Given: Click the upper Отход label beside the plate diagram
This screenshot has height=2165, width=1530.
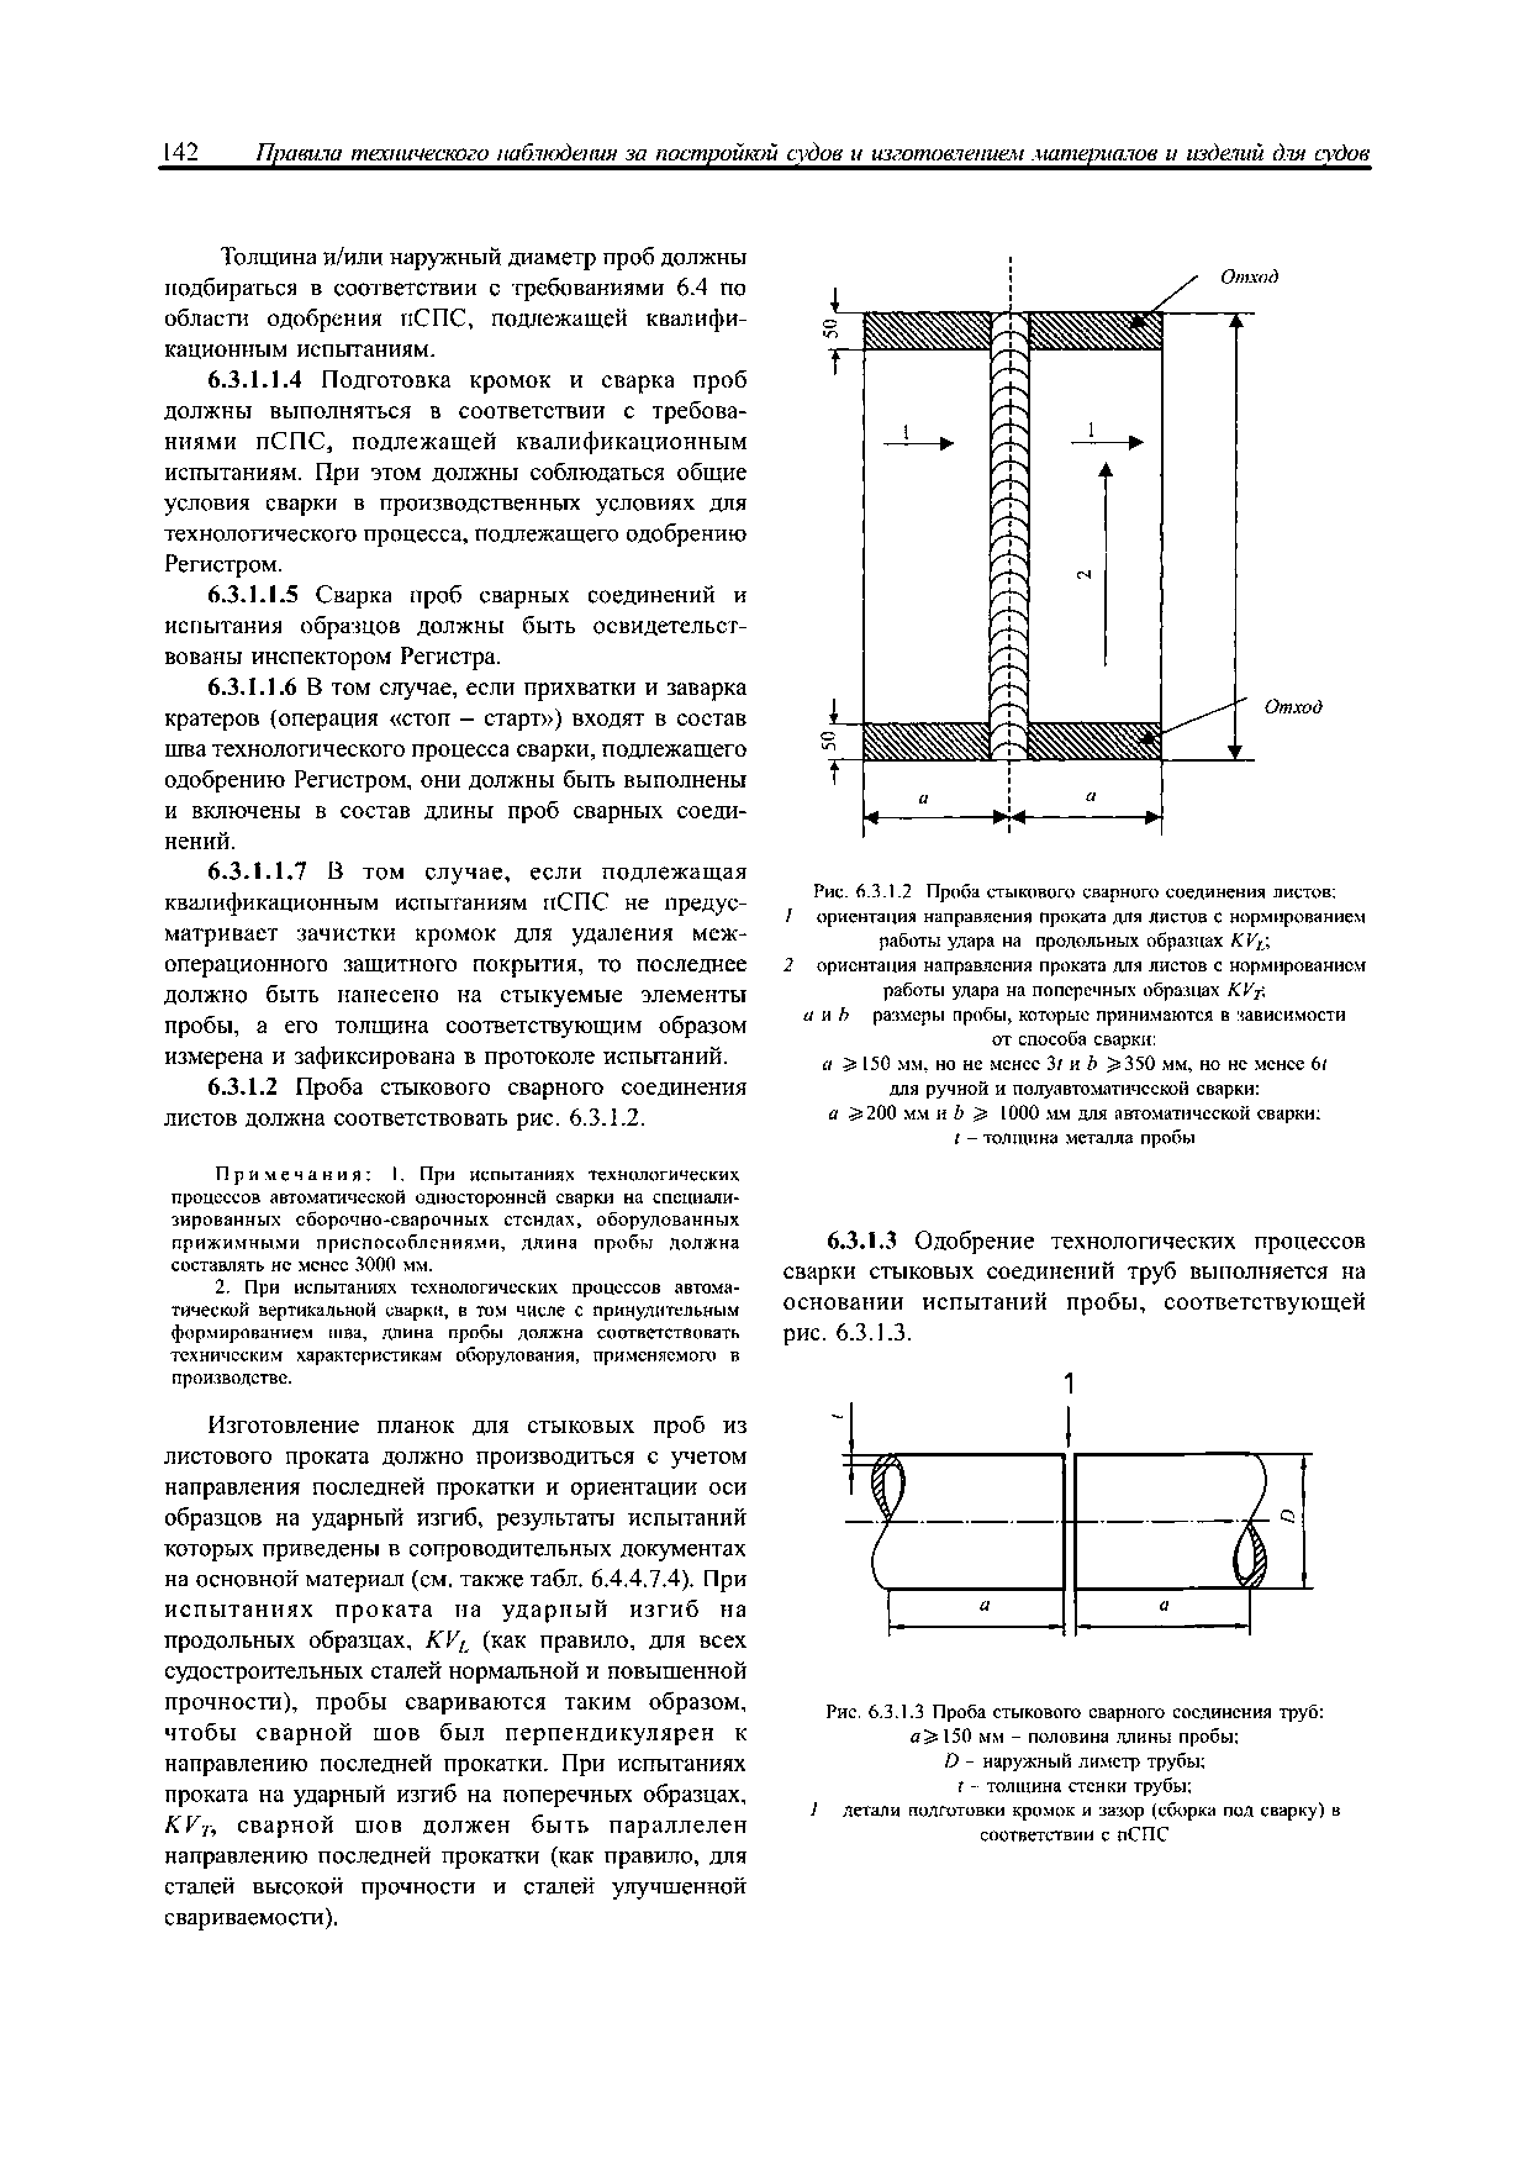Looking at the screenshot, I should [x=1248, y=276].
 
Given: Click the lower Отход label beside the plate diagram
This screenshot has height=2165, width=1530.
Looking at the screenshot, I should [x=1292, y=706].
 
